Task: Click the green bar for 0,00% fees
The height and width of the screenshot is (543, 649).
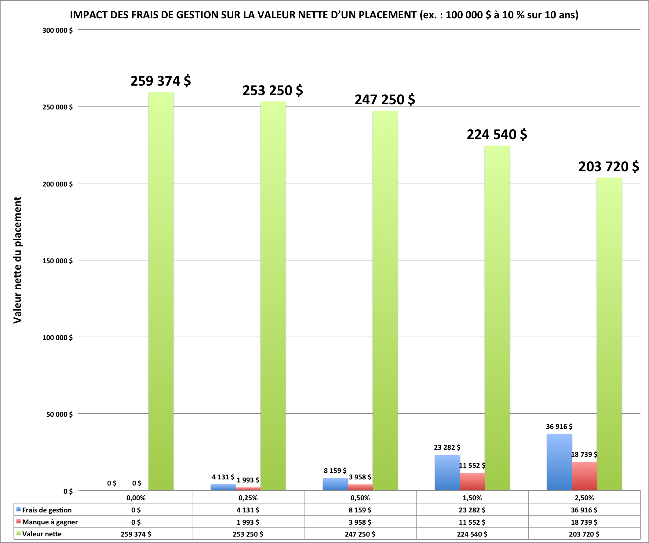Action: pyautogui.click(x=161, y=291)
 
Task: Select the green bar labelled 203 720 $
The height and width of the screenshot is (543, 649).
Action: pyautogui.click(x=609, y=334)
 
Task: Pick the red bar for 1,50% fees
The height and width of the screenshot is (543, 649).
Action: pyautogui.click(x=472, y=482)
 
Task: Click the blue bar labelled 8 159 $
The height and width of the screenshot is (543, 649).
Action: pyautogui.click(x=335, y=484)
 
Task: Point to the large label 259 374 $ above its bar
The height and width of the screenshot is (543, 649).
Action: pyautogui.click(x=161, y=81)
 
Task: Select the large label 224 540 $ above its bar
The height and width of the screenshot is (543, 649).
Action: pyautogui.click(x=497, y=135)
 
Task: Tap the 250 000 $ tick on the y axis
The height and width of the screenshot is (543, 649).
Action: pyautogui.click(x=57, y=107)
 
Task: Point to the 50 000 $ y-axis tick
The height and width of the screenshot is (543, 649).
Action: pyautogui.click(x=59, y=414)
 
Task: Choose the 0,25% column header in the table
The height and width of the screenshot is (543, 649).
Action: pyautogui.click(x=248, y=498)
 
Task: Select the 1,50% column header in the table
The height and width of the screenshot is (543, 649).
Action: pyautogui.click(x=472, y=498)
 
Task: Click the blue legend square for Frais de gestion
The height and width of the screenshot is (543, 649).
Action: pyautogui.click(x=19, y=509)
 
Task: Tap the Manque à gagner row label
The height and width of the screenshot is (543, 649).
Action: pyautogui.click(x=50, y=522)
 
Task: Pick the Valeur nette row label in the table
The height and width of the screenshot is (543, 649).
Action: pyautogui.click(x=42, y=534)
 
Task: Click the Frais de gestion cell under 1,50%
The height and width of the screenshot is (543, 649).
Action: pyautogui.click(x=472, y=510)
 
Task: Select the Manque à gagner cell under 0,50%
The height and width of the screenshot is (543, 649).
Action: pyautogui.click(x=360, y=522)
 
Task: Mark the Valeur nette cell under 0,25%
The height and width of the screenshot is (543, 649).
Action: pyautogui.click(x=248, y=534)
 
